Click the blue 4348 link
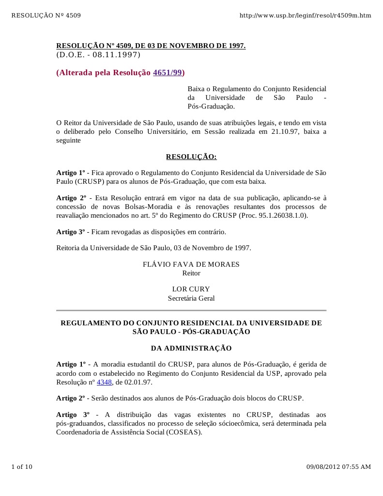click(x=104, y=382)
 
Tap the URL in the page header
click(x=305, y=16)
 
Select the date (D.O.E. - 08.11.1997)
click(x=98, y=55)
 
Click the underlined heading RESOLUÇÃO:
click(x=191, y=157)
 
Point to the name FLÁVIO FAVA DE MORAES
click(x=191, y=264)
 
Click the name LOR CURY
click(x=191, y=289)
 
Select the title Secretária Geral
click(x=191, y=298)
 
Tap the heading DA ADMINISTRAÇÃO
click(x=191, y=348)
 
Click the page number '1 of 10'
click(x=22, y=467)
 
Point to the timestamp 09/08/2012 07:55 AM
click(x=338, y=467)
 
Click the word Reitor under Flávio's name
click(x=191, y=273)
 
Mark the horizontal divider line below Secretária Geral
click(x=191, y=310)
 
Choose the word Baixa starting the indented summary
click(x=196, y=89)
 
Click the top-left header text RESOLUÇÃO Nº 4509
click(x=46, y=16)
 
